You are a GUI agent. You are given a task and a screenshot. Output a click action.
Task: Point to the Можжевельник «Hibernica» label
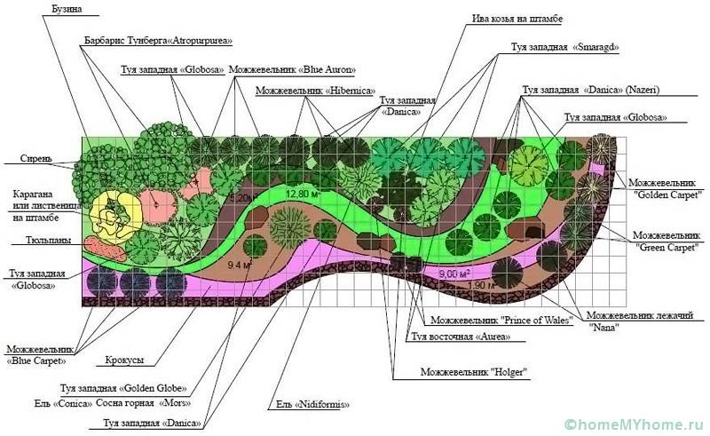[x=315, y=91]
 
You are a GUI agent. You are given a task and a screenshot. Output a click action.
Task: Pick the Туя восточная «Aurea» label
[x=454, y=337]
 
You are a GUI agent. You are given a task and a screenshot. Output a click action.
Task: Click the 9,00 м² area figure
[x=453, y=273]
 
